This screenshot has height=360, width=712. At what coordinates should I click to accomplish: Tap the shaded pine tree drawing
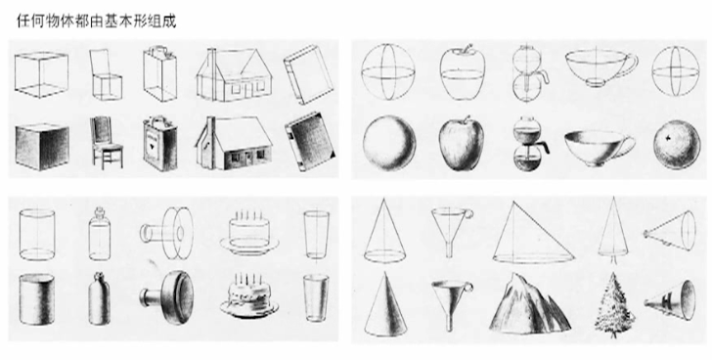tap(614, 305)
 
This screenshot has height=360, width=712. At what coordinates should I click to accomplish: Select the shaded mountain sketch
tap(530, 303)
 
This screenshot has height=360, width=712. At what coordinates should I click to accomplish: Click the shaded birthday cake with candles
tap(249, 296)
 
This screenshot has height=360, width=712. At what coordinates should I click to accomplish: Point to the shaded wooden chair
tap(106, 143)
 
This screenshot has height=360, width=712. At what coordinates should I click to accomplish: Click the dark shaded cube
tap(42, 146)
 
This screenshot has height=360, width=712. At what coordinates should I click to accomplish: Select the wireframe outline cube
tap(41, 74)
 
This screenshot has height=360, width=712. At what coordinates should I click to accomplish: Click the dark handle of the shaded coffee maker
tap(542, 148)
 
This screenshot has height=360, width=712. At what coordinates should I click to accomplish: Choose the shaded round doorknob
tap(168, 297)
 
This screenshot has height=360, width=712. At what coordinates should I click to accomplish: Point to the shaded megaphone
tap(670, 299)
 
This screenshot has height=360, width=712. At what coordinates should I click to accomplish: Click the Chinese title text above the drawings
tap(96, 21)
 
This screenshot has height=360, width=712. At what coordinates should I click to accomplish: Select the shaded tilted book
tap(310, 142)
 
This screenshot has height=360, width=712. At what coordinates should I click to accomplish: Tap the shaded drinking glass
tap(316, 297)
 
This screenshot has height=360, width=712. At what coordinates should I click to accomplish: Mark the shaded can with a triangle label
tap(160, 144)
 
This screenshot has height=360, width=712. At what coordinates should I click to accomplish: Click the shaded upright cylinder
tap(37, 299)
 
